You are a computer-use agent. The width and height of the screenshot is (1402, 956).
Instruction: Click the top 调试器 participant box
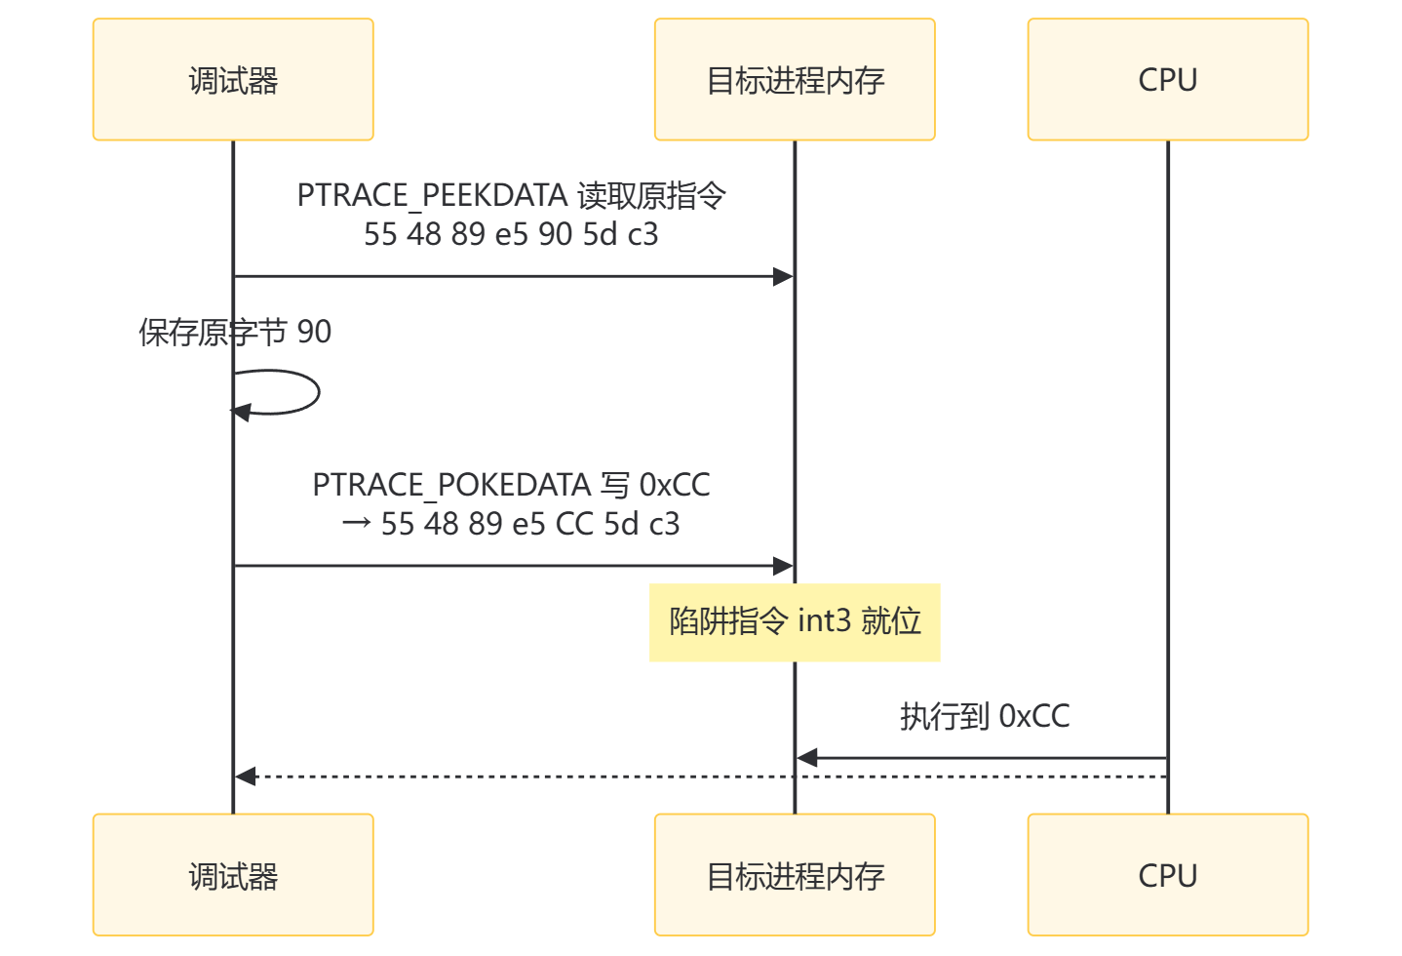tap(233, 80)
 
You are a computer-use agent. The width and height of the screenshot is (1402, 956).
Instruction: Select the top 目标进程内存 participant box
tap(795, 80)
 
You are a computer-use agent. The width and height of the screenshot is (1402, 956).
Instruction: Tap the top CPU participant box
tap(1167, 80)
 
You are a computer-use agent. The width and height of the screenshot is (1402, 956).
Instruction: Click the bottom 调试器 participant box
tap(233, 875)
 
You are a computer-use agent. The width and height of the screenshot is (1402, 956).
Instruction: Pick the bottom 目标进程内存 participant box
tap(795, 875)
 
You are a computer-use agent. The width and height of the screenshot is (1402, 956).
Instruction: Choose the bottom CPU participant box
tap(1167, 875)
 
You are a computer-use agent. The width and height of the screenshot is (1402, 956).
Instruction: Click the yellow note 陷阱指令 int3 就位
tap(795, 622)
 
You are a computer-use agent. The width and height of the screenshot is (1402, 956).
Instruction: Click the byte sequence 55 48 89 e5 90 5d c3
tap(511, 234)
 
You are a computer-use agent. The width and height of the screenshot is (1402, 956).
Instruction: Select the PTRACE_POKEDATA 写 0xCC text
tap(511, 485)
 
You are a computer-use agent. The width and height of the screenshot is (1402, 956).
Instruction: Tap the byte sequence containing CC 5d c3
tap(529, 524)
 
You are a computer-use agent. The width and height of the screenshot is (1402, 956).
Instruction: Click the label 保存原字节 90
tap(235, 333)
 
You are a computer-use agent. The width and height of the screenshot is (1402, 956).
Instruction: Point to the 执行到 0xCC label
tap(984, 717)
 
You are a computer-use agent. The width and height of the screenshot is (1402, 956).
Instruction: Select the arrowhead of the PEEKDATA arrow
tap(784, 277)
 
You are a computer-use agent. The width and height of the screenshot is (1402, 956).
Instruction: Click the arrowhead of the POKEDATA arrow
tap(784, 566)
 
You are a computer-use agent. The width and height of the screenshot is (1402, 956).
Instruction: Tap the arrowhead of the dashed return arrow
tap(245, 777)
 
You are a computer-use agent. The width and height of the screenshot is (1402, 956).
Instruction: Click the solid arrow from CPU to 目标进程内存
tap(985, 757)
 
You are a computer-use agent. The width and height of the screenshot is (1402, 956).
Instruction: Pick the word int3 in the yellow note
tap(824, 621)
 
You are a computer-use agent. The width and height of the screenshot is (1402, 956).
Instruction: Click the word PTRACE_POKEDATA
tap(451, 485)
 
